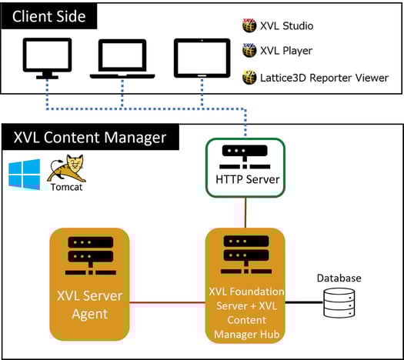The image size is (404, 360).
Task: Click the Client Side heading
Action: pyautogui.click(x=49, y=15)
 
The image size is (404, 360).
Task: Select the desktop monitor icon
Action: pyautogui.click(x=46, y=58)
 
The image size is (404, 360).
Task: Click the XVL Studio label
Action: pyautogui.click(x=287, y=26)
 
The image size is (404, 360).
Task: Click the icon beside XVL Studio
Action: pyautogui.click(x=249, y=25)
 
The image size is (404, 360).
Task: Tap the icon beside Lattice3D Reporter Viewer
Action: pyautogui.click(x=249, y=77)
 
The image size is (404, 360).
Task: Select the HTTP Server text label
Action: pyautogui.click(x=246, y=181)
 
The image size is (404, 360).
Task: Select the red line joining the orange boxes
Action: pyautogui.click(x=167, y=302)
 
